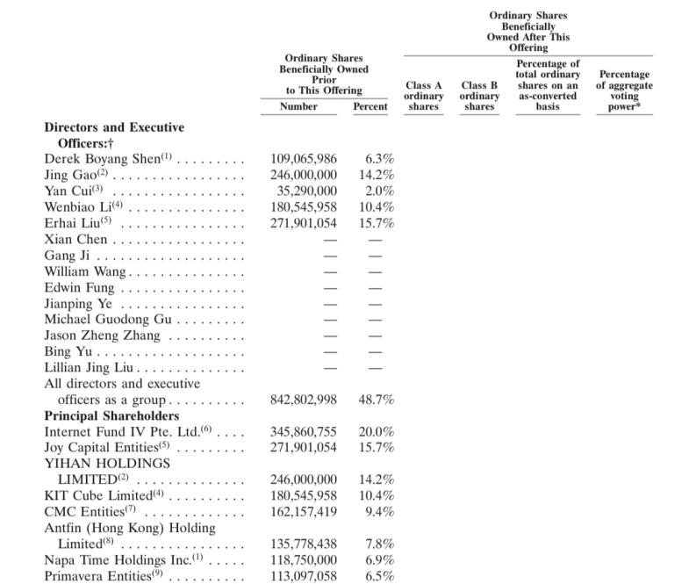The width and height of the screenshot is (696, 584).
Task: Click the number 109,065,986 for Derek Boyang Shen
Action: pyautogui.click(x=304, y=159)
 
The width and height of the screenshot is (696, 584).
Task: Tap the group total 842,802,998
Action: pyautogui.click(x=304, y=400)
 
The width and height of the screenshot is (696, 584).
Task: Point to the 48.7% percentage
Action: pyautogui.click(x=377, y=400)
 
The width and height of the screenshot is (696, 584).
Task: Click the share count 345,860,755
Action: pyautogui.click(x=304, y=432)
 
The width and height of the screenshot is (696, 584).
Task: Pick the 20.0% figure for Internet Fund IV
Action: pyautogui.click(x=377, y=432)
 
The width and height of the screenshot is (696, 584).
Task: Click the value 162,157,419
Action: pyautogui.click(x=304, y=512)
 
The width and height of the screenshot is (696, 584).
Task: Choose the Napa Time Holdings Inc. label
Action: pyautogui.click(x=105, y=560)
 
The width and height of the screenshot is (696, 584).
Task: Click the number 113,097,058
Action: pyautogui.click(x=304, y=576)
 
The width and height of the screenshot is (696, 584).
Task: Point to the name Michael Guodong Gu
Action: pyautogui.click(x=107, y=319)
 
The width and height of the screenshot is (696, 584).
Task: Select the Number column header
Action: pyautogui.click(x=298, y=106)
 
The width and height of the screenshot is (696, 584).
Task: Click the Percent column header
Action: pyautogui.click(x=370, y=106)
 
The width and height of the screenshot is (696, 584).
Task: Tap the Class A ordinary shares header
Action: pyautogui.click(x=424, y=96)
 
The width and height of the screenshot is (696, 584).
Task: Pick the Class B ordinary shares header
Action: pyautogui.click(x=479, y=96)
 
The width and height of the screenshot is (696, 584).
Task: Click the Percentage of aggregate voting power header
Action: pyautogui.click(x=624, y=90)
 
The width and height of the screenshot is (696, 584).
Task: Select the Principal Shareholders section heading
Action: pyautogui.click(x=111, y=416)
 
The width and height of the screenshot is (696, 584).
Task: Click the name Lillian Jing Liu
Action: pyautogui.click(x=89, y=367)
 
